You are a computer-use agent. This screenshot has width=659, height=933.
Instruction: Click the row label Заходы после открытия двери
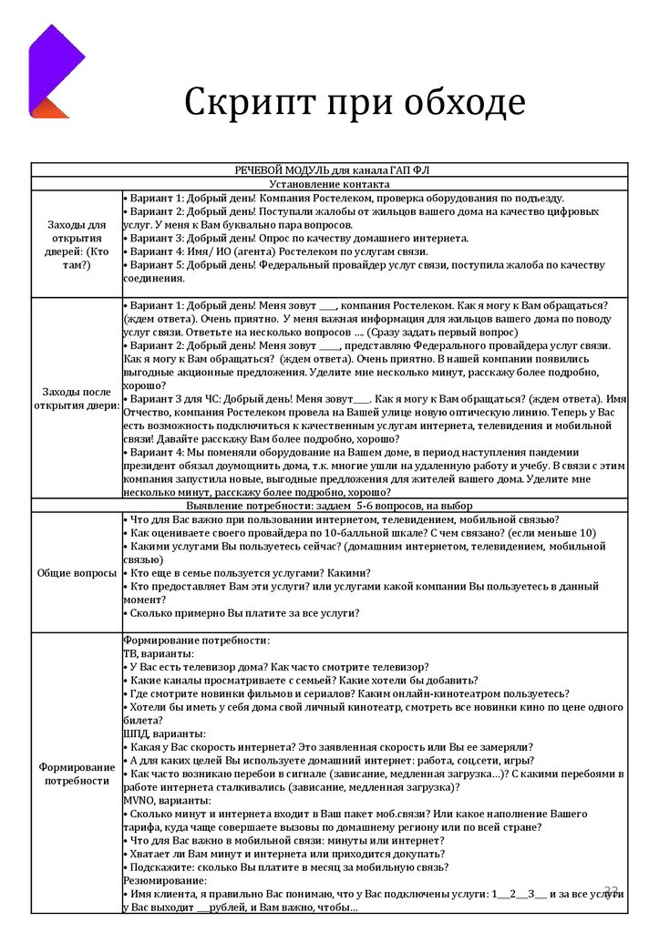click(x=77, y=398)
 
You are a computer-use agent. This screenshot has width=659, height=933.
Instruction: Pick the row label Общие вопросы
click(x=77, y=573)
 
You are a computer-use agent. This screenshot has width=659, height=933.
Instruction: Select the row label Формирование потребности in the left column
click(x=77, y=774)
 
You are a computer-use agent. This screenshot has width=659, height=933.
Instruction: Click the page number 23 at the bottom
click(x=612, y=887)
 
